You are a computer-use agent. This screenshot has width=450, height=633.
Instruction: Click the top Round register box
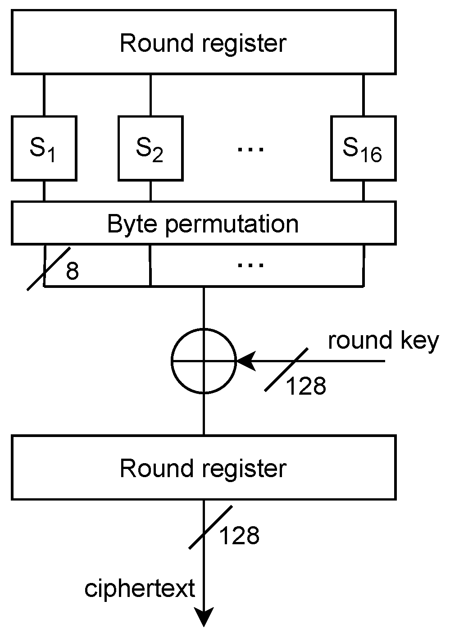[x=204, y=42]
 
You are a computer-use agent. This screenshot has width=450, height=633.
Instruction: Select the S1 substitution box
[x=44, y=148]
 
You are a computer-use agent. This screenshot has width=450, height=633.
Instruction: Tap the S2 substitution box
[x=150, y=148]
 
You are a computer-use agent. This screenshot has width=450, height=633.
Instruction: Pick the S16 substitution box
[x=363, y=148]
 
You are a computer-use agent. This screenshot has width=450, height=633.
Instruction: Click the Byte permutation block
[x=204, y=223]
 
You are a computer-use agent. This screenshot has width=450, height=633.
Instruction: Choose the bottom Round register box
[x=204, y=468]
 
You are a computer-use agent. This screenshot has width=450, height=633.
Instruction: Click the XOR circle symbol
[x=204, y=361]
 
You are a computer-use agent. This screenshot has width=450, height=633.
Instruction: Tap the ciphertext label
[x=140, y=588]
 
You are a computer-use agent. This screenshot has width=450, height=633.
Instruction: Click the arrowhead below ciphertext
[x=204, y=617]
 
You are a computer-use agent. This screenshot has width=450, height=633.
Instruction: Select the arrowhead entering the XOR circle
[x=245, y=361]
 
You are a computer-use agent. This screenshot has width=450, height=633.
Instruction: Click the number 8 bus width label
[x=73, y=271]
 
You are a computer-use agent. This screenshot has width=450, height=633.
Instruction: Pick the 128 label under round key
[x=306, y=386]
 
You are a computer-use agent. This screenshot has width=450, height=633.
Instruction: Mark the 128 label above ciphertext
[x=239, y=536]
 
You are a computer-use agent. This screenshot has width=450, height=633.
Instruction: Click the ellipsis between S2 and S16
[x=250, y=148]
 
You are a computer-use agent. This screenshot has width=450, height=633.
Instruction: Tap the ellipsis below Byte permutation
[x=250, y=265]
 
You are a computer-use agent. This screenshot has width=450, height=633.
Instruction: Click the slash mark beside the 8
[x=49, y=269]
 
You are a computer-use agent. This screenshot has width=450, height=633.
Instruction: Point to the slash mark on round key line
[x=286, y=369]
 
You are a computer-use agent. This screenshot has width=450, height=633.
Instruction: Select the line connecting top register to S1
[x=44, y=95]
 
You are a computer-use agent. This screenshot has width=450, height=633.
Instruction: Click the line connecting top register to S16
[x=363, y=95]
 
